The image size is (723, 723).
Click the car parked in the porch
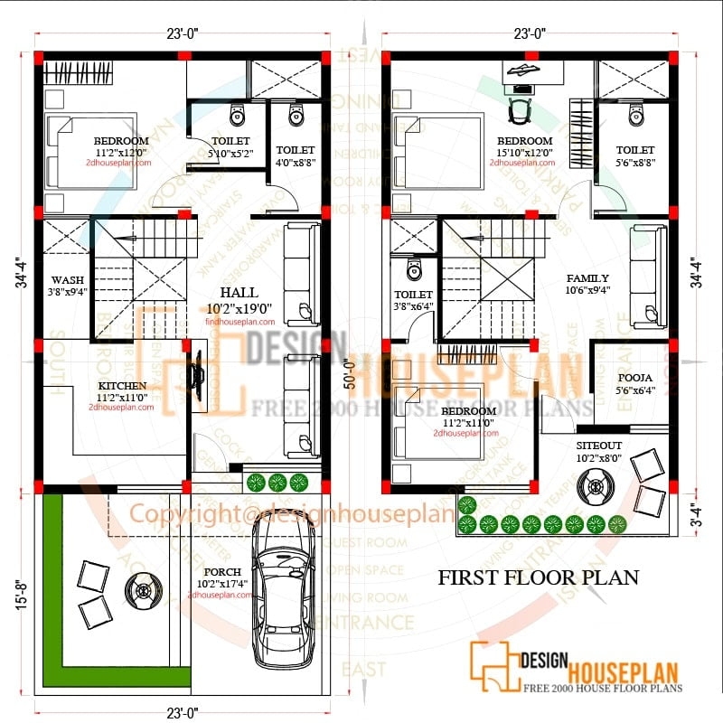point(285,596)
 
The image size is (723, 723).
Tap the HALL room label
point(239,292)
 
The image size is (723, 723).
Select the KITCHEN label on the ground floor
point(122,386)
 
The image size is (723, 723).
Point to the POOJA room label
point(630,379)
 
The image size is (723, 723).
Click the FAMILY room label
point(587,278)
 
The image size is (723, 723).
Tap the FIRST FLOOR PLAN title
point(539,577)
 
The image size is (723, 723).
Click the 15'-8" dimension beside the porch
point(20,594)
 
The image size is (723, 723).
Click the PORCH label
point(222,572)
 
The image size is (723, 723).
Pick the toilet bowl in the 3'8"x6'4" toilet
point(414,269)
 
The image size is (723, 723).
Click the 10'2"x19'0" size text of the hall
point(239,308)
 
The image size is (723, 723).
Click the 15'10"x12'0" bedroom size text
point(524,153)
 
